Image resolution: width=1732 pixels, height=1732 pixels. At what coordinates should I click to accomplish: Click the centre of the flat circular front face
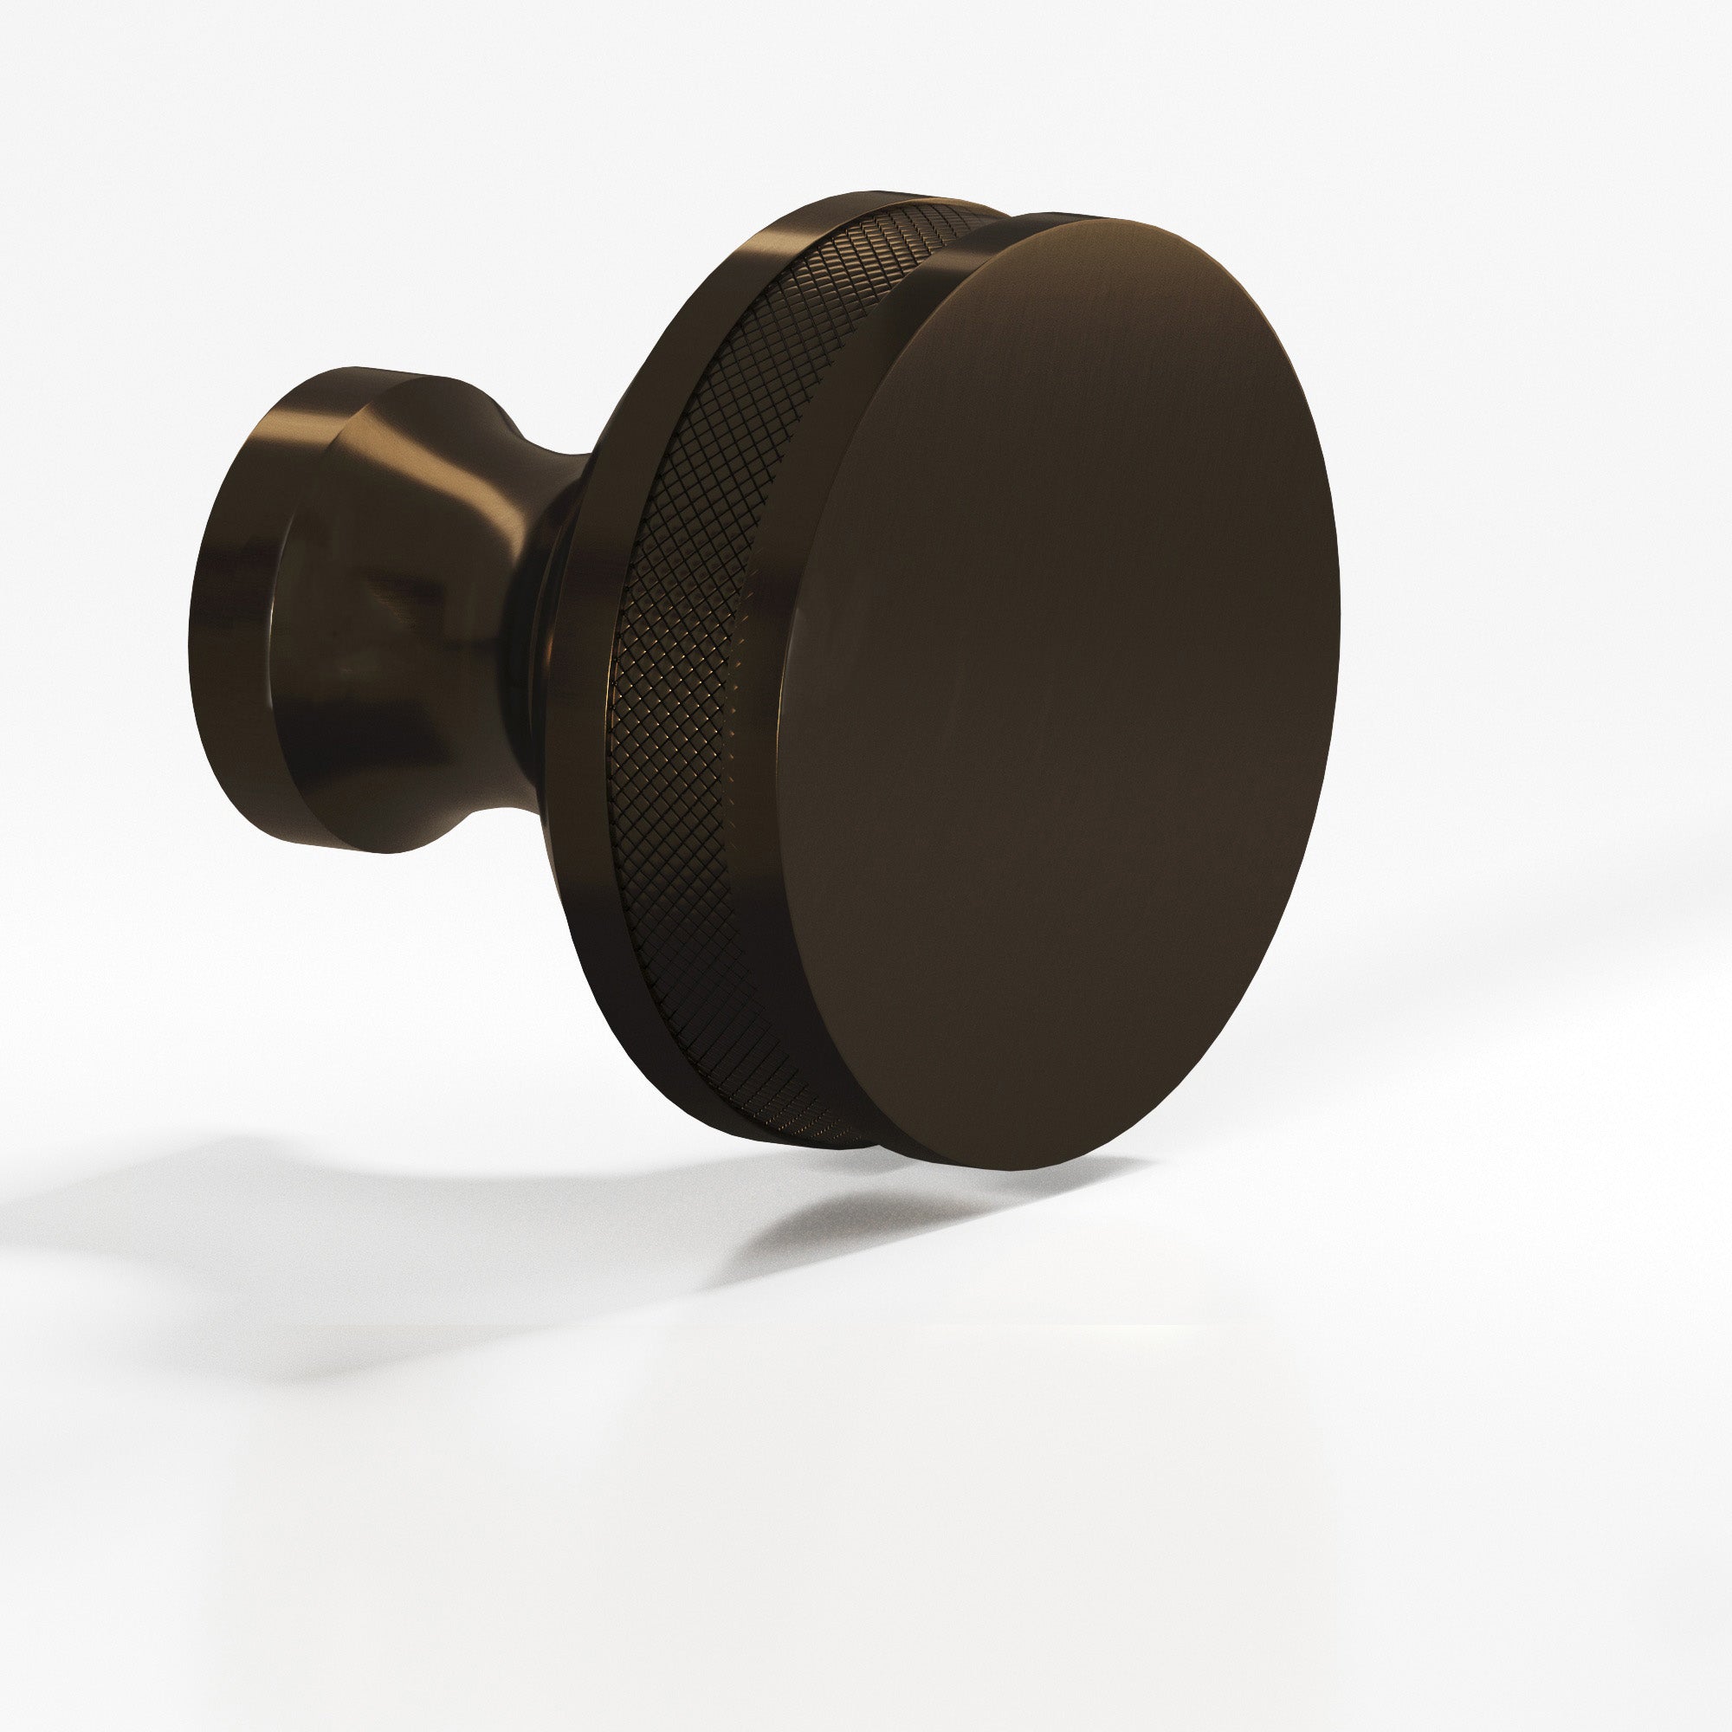[1058, 690]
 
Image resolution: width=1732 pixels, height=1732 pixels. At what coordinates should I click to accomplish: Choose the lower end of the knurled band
[807, 1129]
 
